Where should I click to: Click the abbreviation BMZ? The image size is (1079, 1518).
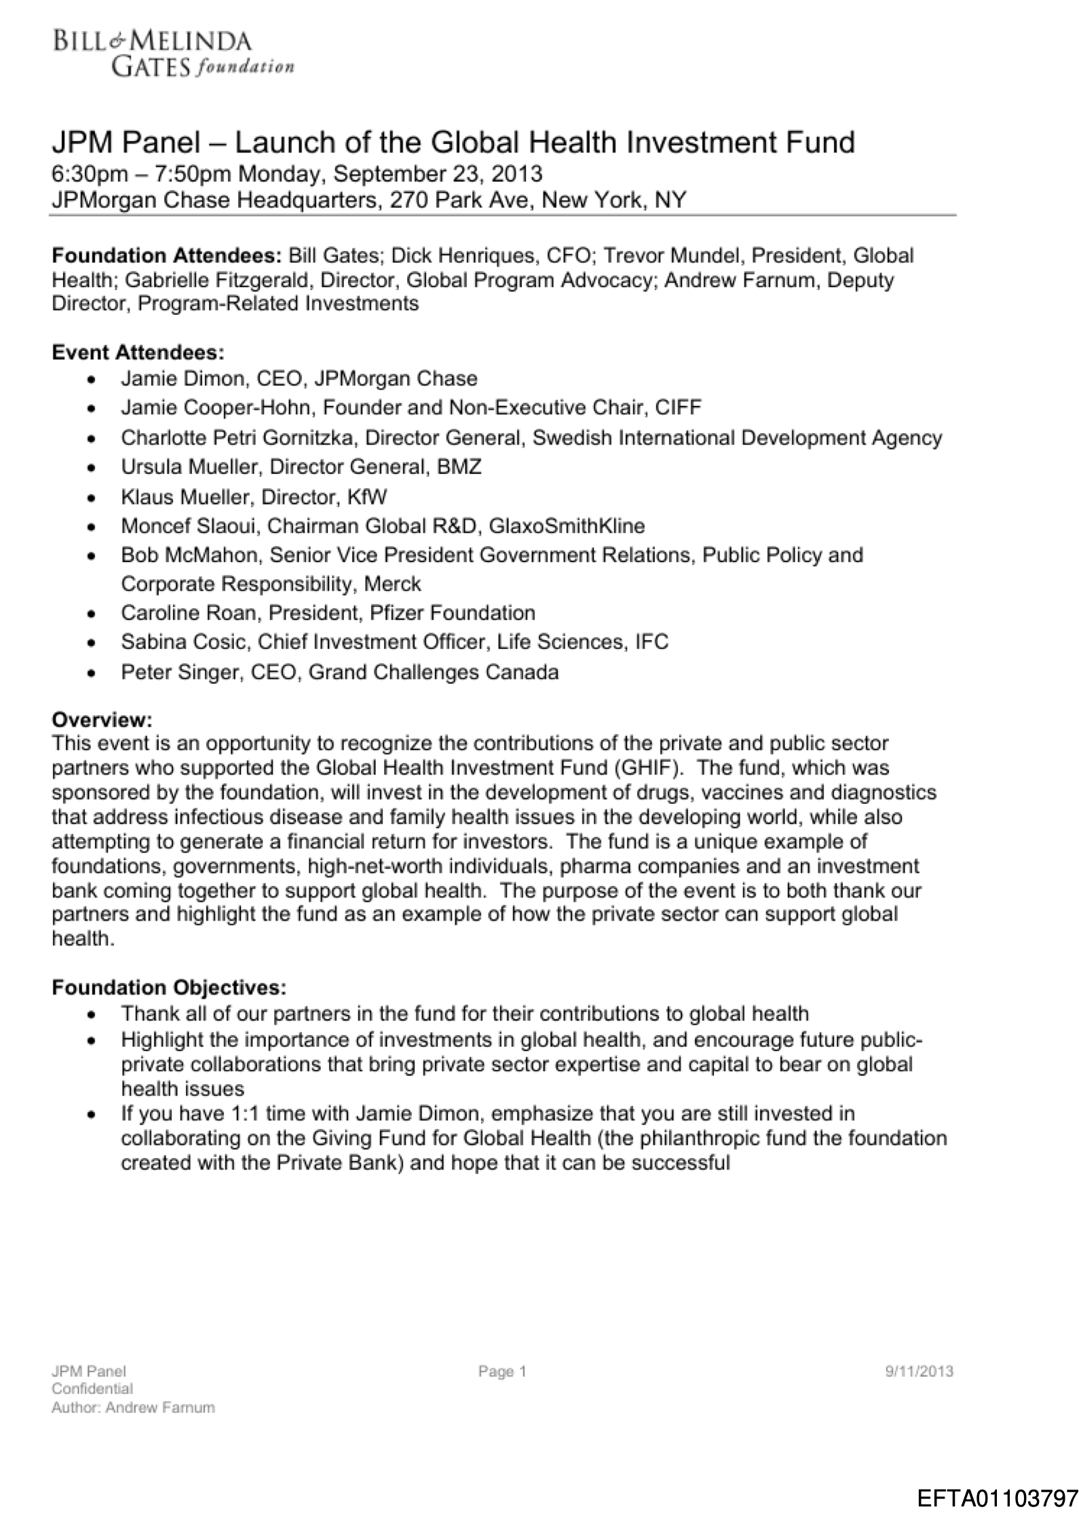459,467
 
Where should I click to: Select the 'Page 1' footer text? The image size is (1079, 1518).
502,1371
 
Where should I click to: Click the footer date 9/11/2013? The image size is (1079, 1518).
920,1371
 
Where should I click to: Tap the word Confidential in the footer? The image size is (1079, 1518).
92,1389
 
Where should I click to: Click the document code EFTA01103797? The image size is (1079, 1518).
998,1498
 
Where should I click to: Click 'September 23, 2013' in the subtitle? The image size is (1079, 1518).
438,174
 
